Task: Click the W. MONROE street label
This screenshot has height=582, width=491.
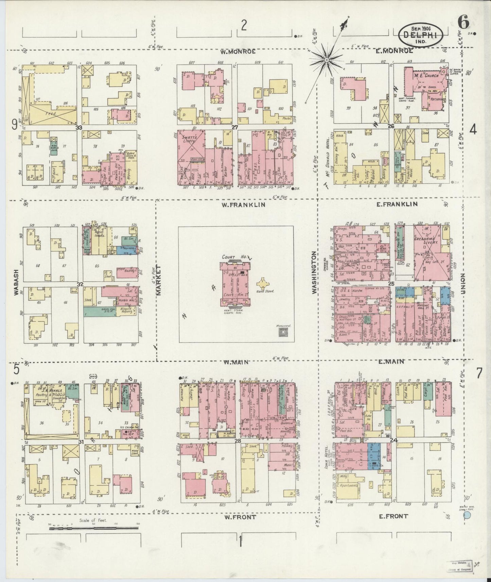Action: click(238, 52)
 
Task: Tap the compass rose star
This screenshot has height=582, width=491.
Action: click(326, 60)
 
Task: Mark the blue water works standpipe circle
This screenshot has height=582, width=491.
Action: click(468, 515)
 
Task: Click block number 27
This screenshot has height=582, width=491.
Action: click(234, 128)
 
